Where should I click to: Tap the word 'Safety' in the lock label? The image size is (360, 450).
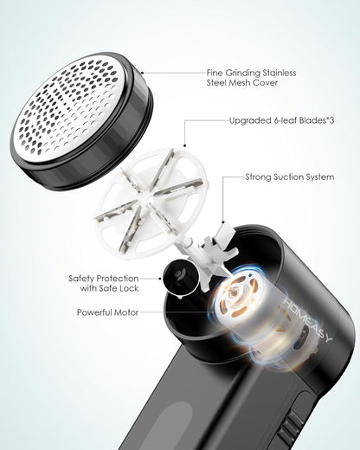pos(85,278)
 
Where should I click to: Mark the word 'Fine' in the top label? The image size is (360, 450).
pos(216,74)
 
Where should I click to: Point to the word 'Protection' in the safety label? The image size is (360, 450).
pos(124,278)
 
